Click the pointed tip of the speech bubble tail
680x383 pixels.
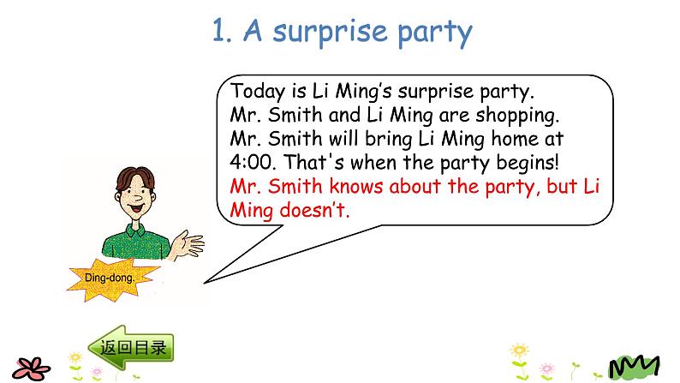click(204, 282)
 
